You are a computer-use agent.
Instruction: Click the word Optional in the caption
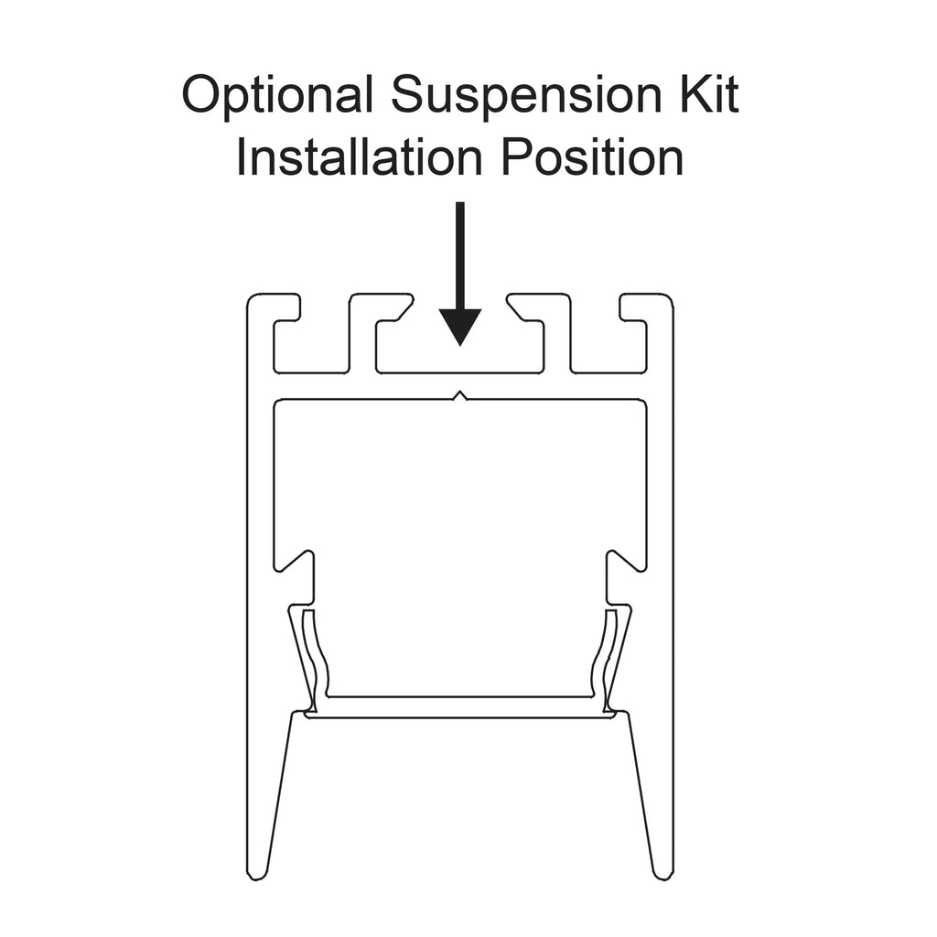pyautogui.click(x=278, y=95)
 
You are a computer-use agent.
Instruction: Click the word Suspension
pyautogui.click(x=526, y=95)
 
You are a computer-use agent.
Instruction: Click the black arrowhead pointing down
pyautogui.click(x=460, y=327)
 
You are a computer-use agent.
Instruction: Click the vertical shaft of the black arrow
pyautogui.click(x=460, y=256)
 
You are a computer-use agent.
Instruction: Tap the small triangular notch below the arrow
pyautogui.click(x=460, y=395)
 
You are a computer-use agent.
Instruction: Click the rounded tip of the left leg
pyautogui.click(x=257, y=875)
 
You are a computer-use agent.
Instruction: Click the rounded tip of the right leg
pyautogui.click(x=663, y=875)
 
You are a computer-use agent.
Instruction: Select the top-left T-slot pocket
pyautogui.click(x=311, y=347)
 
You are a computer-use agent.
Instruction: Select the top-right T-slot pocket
pyautogui.click(x=609, y=347)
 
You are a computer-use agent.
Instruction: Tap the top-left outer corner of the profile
pyautogui.click(x=248, y=296)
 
